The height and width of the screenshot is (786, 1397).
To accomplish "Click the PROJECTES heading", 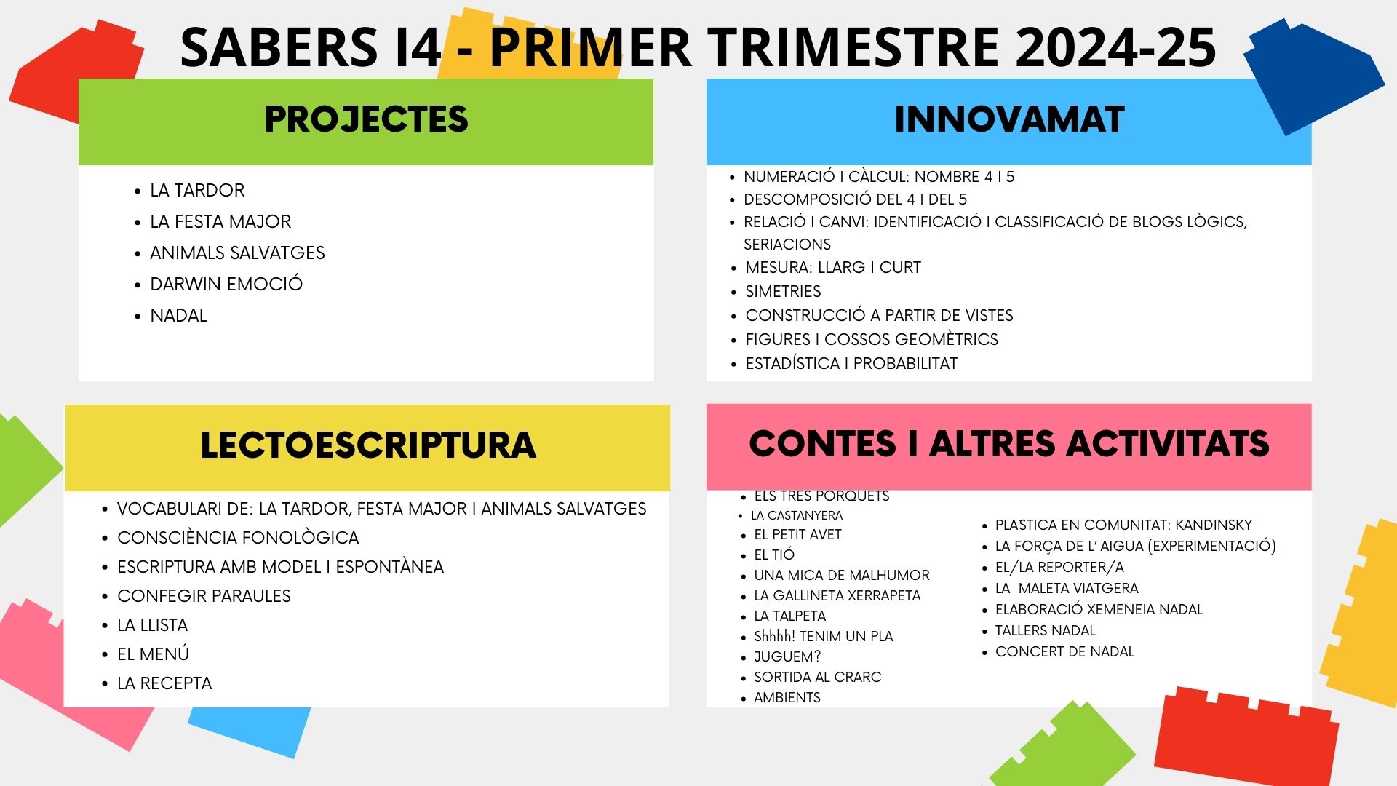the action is tap(366, 119).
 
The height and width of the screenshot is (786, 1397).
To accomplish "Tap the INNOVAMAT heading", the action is tap(1009, 119).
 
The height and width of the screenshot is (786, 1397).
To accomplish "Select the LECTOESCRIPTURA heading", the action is tap(368, 445).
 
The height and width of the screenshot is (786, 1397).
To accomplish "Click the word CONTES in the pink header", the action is tap(822, 443).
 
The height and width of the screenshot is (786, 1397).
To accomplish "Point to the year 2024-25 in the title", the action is tap(1115, 47).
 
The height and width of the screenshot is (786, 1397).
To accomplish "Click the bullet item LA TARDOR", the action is tap(197, 190).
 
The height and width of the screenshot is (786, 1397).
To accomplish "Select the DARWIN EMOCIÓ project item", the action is tap(226, 284).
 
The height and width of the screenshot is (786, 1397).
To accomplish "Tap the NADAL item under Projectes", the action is tap(178, 315).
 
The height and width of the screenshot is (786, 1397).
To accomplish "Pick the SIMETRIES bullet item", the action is tap(783, 291).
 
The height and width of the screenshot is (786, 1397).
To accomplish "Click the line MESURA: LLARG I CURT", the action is tap(833, 267).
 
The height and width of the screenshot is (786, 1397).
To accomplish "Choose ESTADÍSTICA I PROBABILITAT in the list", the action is tap(851, 363).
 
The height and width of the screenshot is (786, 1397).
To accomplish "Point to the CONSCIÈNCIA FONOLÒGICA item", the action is tap(238, 537).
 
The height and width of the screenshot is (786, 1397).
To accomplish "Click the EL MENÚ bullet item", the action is tap(153, 654).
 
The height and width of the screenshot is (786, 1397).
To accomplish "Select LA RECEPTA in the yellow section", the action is tap(164, 683).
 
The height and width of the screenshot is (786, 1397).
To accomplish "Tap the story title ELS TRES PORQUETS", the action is tap(821, 496).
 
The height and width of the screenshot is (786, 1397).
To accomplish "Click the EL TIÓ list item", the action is tap(774, 555).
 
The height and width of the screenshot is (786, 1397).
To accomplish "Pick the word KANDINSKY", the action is tap(1214, 525).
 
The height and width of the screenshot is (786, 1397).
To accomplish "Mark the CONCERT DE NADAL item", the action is tap(1064, 651).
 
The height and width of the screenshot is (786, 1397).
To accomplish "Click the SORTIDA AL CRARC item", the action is tap(817, 677).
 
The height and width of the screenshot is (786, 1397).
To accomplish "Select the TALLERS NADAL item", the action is tap(1045, 630).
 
